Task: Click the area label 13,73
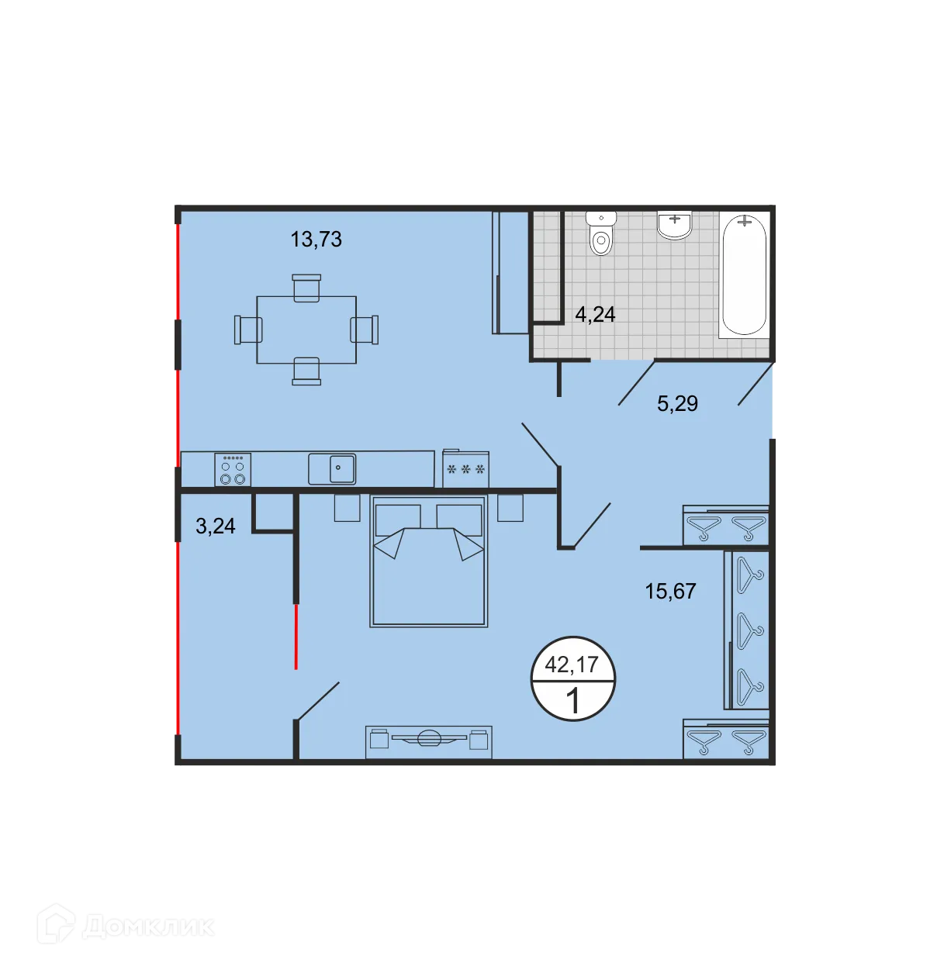click(x=316, y=239)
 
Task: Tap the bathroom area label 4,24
click(x=595, y=314)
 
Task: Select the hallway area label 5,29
click(x=677, y=403)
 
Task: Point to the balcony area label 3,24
click(x=215, y=526)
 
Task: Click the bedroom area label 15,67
click(x=670, y=591)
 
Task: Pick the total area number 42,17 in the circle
click(x=572, y=665)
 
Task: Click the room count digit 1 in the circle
click(x=573, y=702)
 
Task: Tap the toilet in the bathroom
click(x=601, y=234)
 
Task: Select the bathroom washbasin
click(x=675, y=224)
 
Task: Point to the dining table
click(x=306, y=330)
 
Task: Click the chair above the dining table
click(x=306, y=287)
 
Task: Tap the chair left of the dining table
click(x=247, y=330)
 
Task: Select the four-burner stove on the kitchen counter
click(x=233, y=470)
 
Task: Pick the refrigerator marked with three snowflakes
click(x=465, y=468)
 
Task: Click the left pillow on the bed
click(x=397, y=520)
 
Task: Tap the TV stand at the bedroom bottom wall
click(x=428, y=742)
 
